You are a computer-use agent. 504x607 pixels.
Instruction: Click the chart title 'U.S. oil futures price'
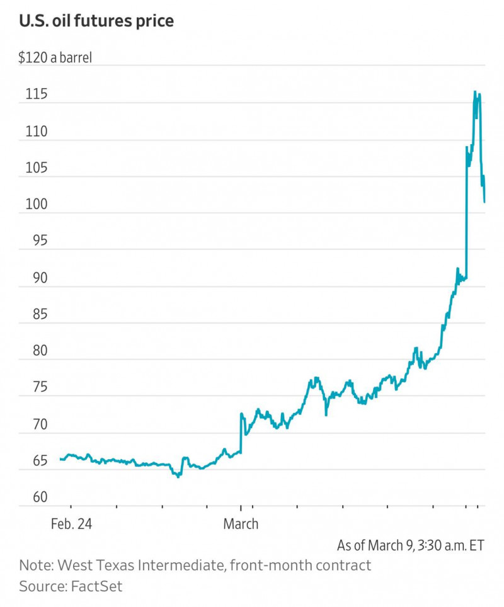(96, 21)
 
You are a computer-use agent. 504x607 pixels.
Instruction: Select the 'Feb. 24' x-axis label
(72, 523)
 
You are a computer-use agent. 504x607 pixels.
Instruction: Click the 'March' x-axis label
(241, 523)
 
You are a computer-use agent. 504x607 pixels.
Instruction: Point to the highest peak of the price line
(475, 92)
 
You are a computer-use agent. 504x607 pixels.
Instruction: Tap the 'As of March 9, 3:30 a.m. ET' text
(411, 545)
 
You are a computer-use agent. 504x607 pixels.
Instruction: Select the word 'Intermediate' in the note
(176, 565)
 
